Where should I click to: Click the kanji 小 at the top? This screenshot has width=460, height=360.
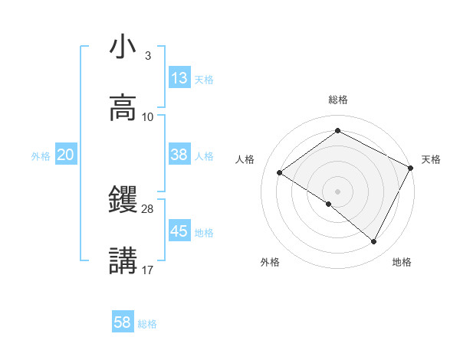point(123,47)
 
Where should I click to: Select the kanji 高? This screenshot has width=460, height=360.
point(123,108)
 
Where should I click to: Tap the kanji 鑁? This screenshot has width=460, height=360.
point(123,200)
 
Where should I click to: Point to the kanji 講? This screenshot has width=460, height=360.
point(123,260)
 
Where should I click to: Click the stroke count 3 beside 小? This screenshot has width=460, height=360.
point(147,56)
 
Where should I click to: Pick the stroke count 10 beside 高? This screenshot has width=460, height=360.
point(148,117)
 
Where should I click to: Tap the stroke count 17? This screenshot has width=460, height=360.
point(148,270)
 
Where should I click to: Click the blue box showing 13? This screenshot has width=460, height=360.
point(179,78)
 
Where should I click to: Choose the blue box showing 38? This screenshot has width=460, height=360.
point(179,155)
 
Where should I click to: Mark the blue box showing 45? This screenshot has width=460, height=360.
point(179,231)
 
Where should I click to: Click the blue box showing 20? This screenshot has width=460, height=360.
point(66,155)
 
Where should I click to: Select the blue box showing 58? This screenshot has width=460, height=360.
point(123,322)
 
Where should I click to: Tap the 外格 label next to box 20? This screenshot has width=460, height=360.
point(41,156)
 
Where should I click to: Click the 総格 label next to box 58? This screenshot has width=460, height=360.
point(147,324)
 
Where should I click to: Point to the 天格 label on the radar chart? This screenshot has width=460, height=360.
point(431,159)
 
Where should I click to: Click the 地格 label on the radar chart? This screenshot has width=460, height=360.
point(402,262)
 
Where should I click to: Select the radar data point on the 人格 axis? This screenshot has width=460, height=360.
point(280,172)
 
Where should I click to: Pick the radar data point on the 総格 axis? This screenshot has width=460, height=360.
point(337,131)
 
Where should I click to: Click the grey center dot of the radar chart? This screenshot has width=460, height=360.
point(337,191)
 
